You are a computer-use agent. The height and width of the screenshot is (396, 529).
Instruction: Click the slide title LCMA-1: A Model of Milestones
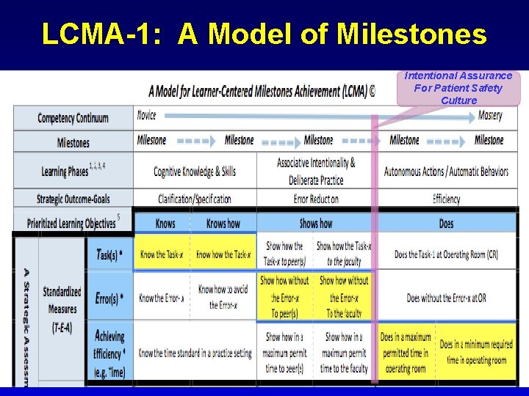pyautogui.click(x=264, y=34)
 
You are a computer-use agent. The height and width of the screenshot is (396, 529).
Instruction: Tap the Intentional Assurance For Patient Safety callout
pyautogui.click(x=458, y=88)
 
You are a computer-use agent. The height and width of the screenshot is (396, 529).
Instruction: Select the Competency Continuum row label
pyautogui.click(x=73, y=118)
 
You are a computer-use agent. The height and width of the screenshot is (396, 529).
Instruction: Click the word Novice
pyautogui.click(x=147, y=116)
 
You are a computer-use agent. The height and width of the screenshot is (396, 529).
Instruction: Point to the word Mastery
pyautogui.click(x=490, y=116)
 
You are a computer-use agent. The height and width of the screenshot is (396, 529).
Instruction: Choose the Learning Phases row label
pyautogui.click(x=73, y=171)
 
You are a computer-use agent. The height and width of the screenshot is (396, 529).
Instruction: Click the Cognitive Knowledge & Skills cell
pyautogui.click(x=195, y=172)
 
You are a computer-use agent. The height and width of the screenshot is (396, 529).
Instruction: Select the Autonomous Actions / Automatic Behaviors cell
pyautogui.click(x=446, y=172)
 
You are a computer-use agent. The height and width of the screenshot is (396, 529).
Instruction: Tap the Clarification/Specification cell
pyautogui.click(x=195, y=199)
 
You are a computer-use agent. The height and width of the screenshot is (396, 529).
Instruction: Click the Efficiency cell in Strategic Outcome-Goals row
pyautogui.click(x=446, y=199)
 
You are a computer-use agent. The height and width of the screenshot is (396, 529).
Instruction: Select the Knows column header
pyautogui.click(x=165, y=224)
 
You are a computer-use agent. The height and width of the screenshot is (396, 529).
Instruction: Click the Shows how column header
pyautogui.click(x=316, y=224)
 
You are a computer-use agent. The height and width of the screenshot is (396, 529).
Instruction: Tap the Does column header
pyautogui.click(x=446, y=224)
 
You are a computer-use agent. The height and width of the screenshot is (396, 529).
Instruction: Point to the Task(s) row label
pyautogui.click(x=111, y=254)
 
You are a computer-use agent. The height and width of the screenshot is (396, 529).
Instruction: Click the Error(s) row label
pyautogui.click(x=111, y=298)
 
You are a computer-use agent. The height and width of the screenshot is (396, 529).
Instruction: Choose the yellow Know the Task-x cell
pyautogui.click(x=162, y=254)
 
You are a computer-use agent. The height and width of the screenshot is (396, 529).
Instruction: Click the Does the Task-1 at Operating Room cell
pyautogui.click(x=446, y=254)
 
